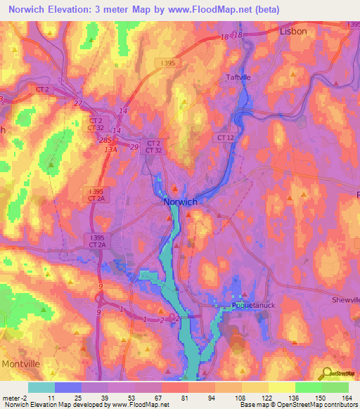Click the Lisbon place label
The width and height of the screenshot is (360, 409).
click(293, 32)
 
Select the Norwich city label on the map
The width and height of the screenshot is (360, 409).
click(180, 202)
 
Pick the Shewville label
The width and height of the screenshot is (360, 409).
click(346, 299)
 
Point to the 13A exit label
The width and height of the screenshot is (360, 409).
click(110, 149)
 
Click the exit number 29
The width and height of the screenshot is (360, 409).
click(134, 145)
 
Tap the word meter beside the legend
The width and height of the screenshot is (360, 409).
click(10, 397)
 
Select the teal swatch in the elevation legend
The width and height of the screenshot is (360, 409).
click(41, 387)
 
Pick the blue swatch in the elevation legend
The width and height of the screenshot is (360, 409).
click(68, 387)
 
